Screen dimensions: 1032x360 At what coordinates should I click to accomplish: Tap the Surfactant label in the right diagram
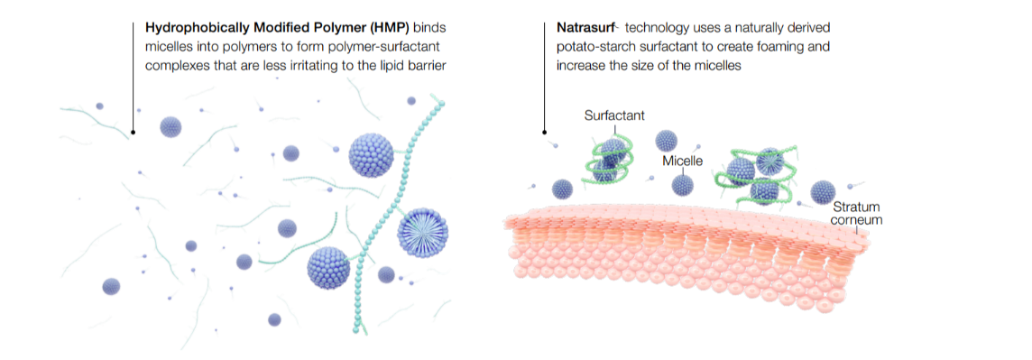pyautogui.click(x=614, y=115)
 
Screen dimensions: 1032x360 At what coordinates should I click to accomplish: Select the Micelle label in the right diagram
pyautogui.click(x=682, y=160)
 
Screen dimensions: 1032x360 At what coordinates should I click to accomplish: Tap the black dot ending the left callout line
pyautogui.click(x=134, y=133)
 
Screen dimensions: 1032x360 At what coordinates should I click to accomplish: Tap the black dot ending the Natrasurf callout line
pyautogui.click(x=544, y=133)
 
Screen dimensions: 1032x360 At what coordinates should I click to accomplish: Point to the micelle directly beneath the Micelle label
pyautogui.click(x=684, y=184)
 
